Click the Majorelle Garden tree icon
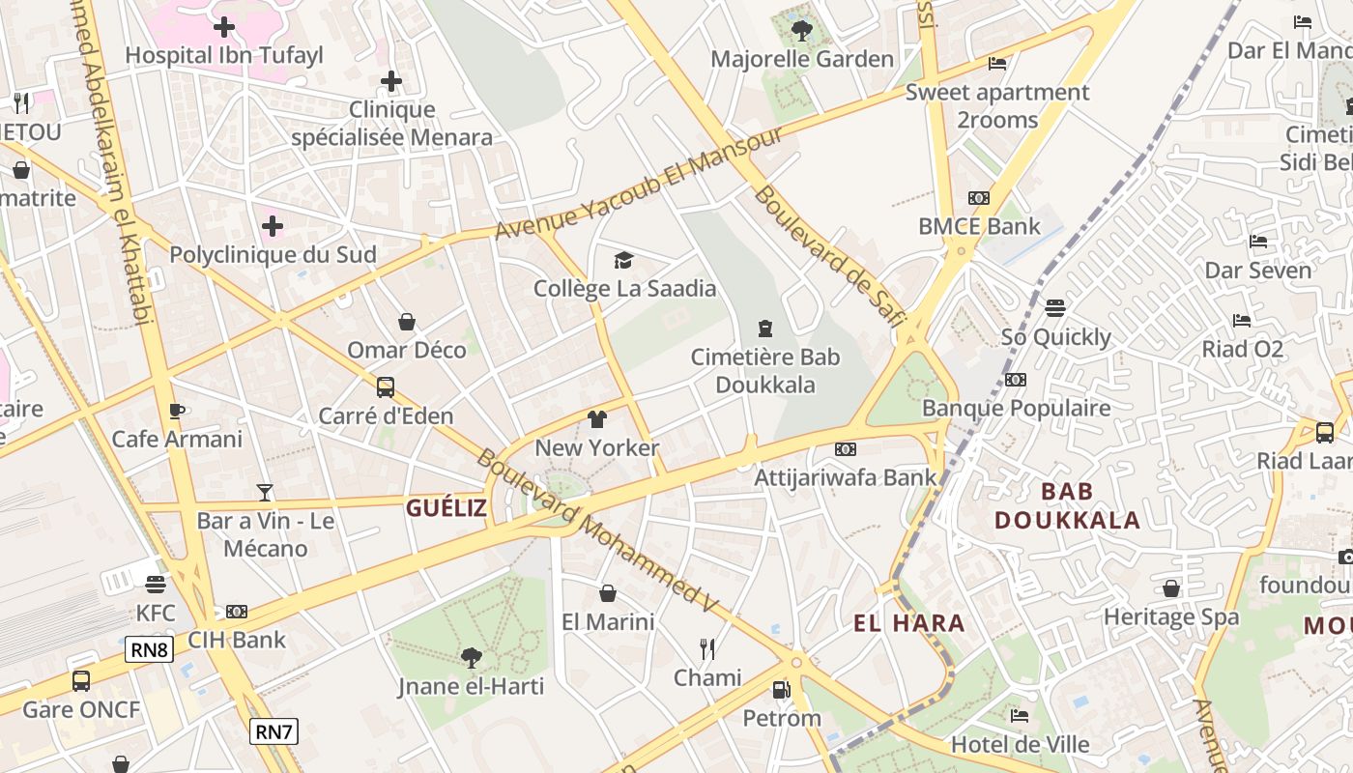pyautogui.click(x=801, y=31)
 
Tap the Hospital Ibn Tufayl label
pyautogui.click(x=224, y=55)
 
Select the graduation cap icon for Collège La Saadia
pyautogui.click(x=624, y=260)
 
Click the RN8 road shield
pyautogui.click(x=149, y=649)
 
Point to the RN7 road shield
pyautogui.click(x=273, y=731)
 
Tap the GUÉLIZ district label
pyautogui.click(x=446, y=508)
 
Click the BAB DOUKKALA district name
pyautogui.click(x=1067, y=505)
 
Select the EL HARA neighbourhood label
pyautogui.click(x=909, y=623)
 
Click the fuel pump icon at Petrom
pyautogui.click(x=781, y=690)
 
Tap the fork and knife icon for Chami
pyautogui.click(x=707, y=648)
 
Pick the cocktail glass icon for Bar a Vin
pyautogui.click(x=265, y=493)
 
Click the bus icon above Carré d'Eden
pyautogui.click(x=386, y=387)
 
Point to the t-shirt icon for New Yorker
pyautogui.click(x=597, y=419)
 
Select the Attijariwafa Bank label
pyautogui.click(x=846, y=476)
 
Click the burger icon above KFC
pyautogui.click(x=156, y=585)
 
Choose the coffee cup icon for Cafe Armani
pyautogui.click(x=176, y=411)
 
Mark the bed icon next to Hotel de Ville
pyautogui.click(x=1020, y=716)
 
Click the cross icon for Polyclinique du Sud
pyautogui.click(x=273, y=226)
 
